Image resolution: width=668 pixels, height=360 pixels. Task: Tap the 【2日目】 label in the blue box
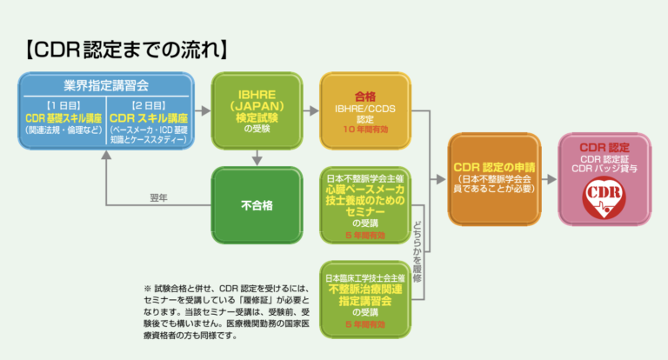point(150,104)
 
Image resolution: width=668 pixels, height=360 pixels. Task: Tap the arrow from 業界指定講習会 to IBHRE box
point(203,110)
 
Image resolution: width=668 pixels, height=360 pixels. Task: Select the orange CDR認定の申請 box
point(493,180)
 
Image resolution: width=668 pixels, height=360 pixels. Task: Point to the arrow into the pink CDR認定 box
point(549,180)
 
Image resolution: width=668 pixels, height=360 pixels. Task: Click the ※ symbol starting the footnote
point(147,289)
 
